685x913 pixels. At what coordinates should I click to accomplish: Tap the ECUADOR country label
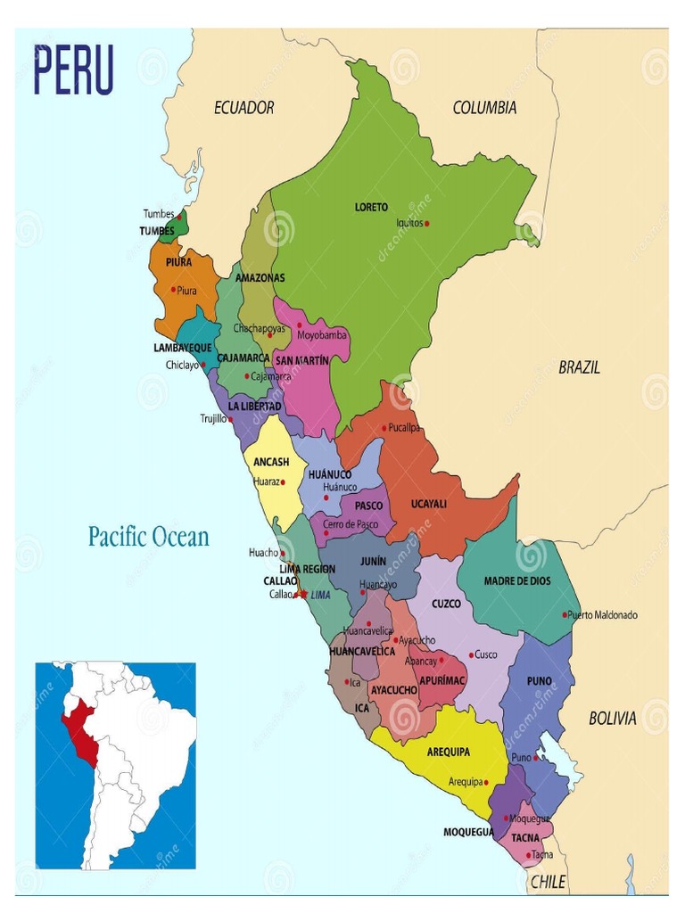[x=243, y=108]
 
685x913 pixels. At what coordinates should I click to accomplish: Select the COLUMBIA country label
[x=484, y=108]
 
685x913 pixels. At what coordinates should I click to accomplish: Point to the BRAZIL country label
[x=579, y=366]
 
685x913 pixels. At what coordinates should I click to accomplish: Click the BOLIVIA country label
[x=612, y=718]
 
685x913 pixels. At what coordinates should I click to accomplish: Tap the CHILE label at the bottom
[x=548, y=881]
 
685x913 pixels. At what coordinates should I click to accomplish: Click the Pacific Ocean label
[x=148, y=537]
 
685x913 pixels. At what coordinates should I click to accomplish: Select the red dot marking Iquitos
[x=427, y=224]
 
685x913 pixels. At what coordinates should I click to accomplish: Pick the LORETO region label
[x=371, y=207]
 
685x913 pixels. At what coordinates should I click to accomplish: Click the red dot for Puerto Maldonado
[x=565, y=614]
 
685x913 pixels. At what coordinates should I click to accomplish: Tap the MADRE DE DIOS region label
[x=517, y=580]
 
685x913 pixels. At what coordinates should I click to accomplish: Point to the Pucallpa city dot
[x=384, y=428]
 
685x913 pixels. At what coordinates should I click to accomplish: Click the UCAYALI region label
[x=428, y=504]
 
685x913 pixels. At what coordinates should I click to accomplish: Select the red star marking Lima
[x=303, y=594]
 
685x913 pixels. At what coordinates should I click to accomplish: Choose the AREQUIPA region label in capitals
[x=448, y=752]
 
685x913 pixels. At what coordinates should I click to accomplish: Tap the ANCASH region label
[x=270, y=462]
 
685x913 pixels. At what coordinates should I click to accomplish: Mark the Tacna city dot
[x=528, y=855]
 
